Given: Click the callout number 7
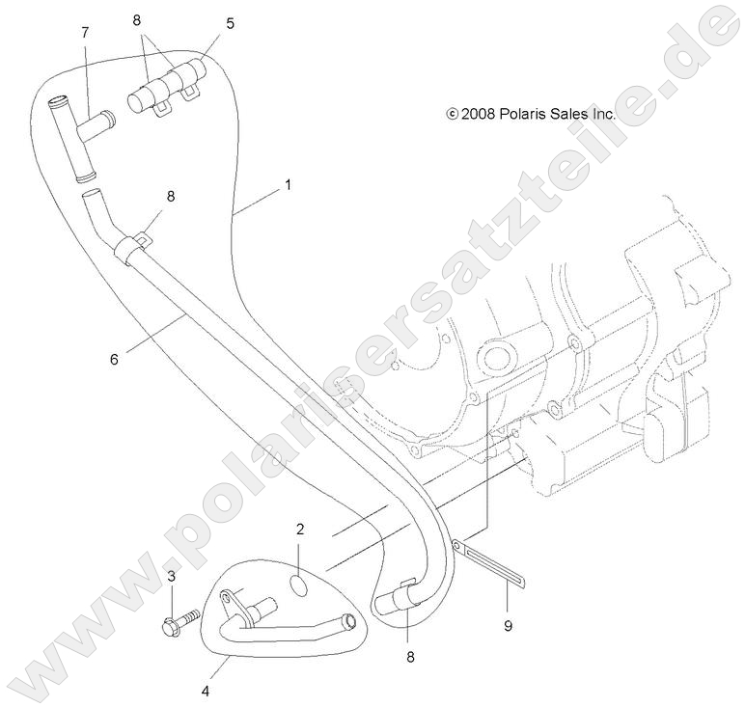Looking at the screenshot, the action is (85, 33).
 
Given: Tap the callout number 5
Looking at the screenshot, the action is (230, 23).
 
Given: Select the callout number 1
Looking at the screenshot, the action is (288, 184).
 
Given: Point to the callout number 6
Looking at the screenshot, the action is (114, 360).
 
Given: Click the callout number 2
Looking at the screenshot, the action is (300, 529).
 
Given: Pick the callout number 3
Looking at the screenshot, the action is (172, 577).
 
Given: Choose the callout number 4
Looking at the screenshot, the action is (206, 692).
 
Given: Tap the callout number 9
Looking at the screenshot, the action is (508, 626).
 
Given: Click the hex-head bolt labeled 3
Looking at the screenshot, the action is (180, 620).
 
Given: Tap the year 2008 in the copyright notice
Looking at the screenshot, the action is (478, 114).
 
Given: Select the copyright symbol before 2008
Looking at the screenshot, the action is (452, 114).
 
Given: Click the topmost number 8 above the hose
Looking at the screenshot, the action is (137, 20).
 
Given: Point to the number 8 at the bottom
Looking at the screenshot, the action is (410, 657).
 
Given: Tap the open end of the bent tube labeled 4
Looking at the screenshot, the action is (349, 620).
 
